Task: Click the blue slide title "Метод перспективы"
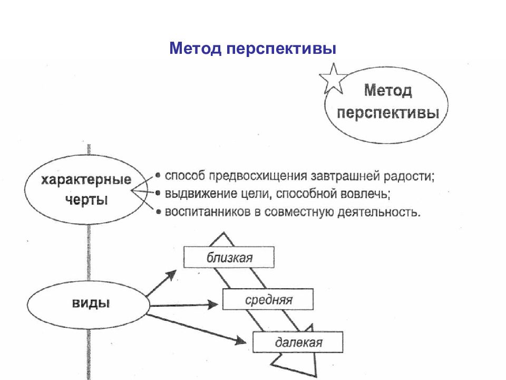pos(252,49)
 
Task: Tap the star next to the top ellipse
pos(333,79)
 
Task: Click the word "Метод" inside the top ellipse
pos(388,90)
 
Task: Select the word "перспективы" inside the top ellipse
pos(388,113)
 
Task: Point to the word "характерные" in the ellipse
pos(86,179)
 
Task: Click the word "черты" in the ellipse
pos(86,200)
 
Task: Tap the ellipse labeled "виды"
pos(88,305)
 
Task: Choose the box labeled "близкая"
pos(229,257)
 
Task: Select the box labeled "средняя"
pos(268,299)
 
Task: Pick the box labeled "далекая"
pos(298,342)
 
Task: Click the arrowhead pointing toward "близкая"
pos(171,276)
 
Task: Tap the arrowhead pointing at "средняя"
pos(212,305)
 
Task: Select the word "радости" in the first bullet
pos(409,176)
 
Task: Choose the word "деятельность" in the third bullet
pos(379,212)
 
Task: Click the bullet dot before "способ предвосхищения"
pos(158,175)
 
